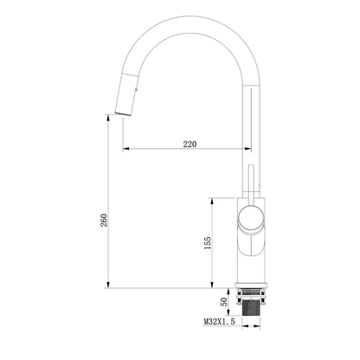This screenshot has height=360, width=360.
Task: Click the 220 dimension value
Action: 190,144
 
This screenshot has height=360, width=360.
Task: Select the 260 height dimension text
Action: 104,220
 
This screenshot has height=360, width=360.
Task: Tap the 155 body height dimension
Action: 208,243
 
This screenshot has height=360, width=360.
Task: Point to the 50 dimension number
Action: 223,302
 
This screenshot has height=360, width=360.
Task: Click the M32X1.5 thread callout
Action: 219,321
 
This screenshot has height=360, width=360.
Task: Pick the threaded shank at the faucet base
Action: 251,308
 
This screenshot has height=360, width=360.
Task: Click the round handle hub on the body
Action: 251,218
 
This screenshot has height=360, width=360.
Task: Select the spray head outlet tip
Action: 123,113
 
